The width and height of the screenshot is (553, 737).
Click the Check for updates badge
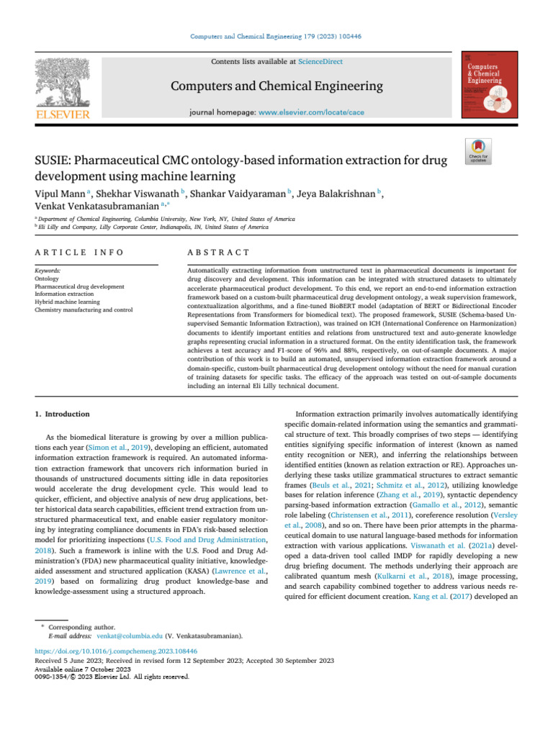click(480, 150)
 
